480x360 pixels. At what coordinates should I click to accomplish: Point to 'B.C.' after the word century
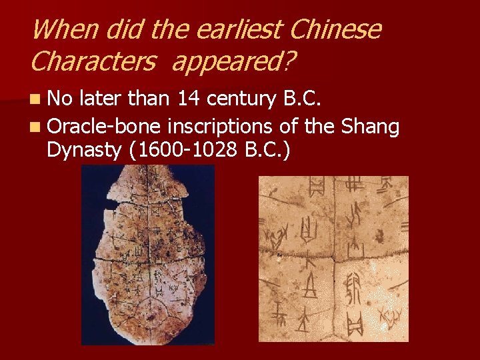(304, 100)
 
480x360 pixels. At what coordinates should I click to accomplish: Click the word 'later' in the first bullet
(100, 100)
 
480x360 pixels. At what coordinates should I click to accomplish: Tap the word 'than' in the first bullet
(149, 100)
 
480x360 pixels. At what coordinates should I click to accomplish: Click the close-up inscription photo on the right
(333, 259)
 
